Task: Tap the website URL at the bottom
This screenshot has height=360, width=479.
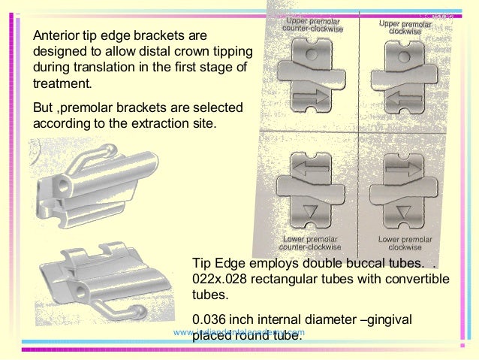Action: click(x=239, y=332)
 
